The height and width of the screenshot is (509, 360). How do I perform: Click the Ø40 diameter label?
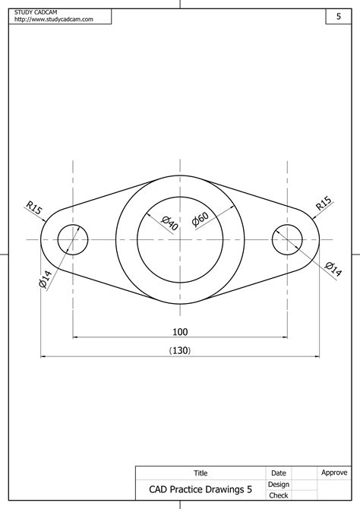[x=169, y=223]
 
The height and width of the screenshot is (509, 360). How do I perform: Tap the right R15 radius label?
[x=324, y=204]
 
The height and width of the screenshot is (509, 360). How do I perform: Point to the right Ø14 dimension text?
[x=333, y=268]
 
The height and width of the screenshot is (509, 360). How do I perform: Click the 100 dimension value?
[x=180, y=331]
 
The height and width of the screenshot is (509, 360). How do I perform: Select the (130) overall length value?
[x=180, y=350]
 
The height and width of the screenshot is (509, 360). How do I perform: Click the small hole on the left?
[x=73, y=239]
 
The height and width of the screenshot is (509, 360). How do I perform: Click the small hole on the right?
[x=288, y=239]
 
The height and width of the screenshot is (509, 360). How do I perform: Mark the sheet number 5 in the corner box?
[x=338, y=16]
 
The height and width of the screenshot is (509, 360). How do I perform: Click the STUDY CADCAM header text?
[x=36, y=13]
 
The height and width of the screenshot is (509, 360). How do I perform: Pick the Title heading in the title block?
[x=201, y=473]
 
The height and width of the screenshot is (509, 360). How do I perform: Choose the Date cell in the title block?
[x=279, y=473]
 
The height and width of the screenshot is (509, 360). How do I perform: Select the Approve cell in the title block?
[x=334, y=473]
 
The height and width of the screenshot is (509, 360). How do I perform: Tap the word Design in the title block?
[x=279, y=484]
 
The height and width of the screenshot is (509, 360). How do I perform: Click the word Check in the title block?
[x=279, y=495]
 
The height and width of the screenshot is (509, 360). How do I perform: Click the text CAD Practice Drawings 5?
[x=201, y=490]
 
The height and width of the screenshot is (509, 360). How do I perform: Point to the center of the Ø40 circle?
[x=180, y=239]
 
